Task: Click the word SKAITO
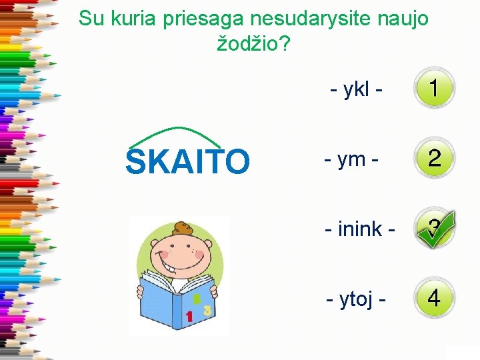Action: [x=187, y=161]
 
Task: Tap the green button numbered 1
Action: [x=434, y=88]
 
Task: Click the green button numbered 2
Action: [x=434, y=159]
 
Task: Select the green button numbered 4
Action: [x=434, y=297]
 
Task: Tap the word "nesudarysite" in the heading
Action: [x=305, y=19]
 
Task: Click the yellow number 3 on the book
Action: [x=207, y=310]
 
